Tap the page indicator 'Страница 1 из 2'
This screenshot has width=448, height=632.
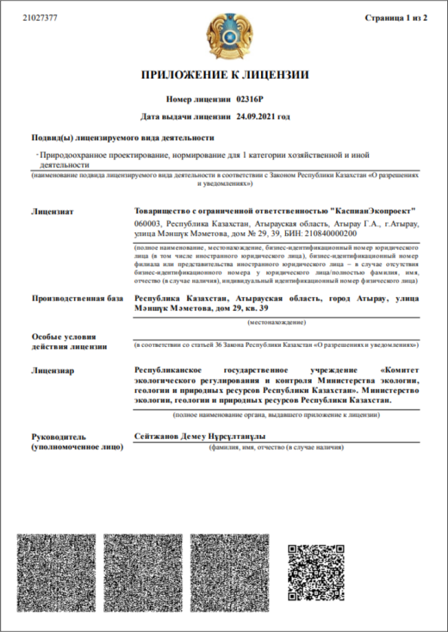(x=396, y=18)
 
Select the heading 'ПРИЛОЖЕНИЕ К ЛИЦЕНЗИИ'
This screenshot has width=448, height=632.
(x=225, y=75)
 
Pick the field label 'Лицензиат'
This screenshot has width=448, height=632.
(x=52, y=212)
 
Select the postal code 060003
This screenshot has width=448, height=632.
(x=147, y=223)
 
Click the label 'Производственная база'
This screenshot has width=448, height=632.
(x=78, y=299)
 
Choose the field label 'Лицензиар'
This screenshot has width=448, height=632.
(x=53, y=370)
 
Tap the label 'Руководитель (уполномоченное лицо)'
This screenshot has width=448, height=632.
(x=77, y=441)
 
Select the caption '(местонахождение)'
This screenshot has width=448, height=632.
(x=277, y=323)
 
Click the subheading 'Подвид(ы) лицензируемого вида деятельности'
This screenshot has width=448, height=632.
(x=122, y=138)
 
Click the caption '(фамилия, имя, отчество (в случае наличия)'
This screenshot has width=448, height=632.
(x=276, y=446)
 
